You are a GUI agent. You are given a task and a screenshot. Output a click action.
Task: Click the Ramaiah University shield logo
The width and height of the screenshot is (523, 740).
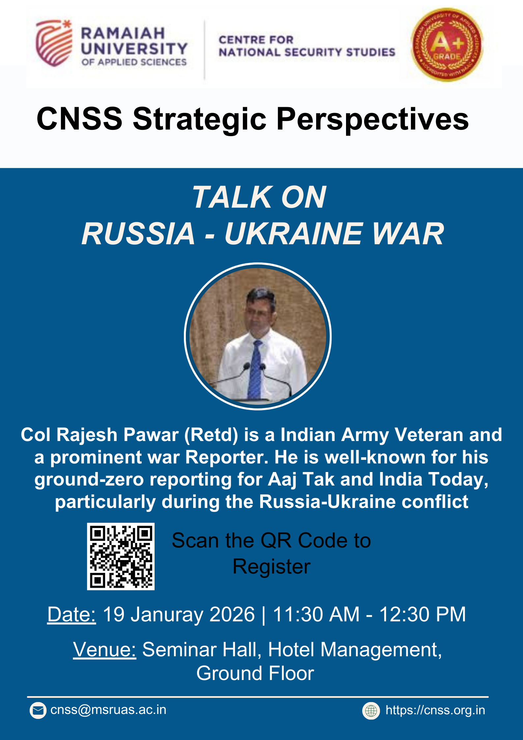tap(54, 43)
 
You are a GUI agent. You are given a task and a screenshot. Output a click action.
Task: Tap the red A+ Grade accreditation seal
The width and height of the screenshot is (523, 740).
tap(447, 45)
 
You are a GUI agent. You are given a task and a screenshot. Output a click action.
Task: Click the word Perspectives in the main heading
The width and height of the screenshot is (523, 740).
tap(373, 119)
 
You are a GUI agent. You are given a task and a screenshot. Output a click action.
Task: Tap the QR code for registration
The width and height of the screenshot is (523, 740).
tap(121, 556)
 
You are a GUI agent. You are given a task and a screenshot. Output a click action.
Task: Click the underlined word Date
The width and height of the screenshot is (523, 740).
tap(72, 615)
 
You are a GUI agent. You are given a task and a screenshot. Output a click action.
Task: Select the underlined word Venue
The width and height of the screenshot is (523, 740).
tap(104, 650)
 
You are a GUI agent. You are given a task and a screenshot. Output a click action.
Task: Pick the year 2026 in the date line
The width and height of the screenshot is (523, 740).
tap(232, 615)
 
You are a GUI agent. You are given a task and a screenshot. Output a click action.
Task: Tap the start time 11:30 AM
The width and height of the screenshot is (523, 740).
tap(316, 615)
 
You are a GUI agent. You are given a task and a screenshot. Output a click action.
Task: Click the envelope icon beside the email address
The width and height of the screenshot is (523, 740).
tap(38, 711)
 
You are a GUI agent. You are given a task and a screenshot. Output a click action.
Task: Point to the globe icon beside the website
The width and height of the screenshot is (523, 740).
tap(371, 711)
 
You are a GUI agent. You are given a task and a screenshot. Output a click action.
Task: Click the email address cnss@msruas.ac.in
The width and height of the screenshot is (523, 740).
tap(108, 710)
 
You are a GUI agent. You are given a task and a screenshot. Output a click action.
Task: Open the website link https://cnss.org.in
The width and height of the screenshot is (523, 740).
tap(435, 710)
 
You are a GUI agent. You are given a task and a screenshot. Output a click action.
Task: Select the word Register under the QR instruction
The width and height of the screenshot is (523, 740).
tap(272, 567)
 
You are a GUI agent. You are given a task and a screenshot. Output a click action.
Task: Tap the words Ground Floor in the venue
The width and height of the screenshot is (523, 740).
tap(255, 673)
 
